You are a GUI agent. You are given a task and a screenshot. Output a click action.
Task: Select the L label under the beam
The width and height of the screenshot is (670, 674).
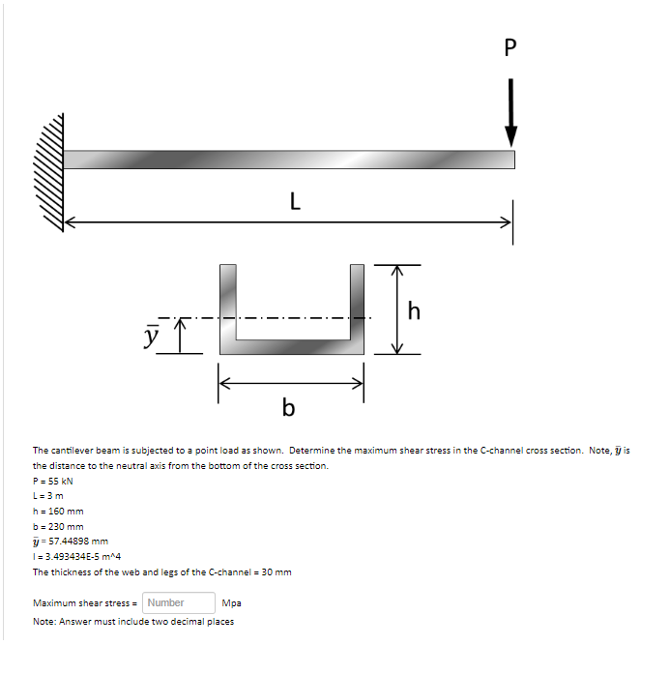[x=294, y=202]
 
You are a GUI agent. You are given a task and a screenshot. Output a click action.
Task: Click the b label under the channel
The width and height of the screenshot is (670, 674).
[x=288, y=408]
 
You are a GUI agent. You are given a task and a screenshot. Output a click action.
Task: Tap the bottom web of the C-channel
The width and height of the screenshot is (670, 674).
[x=291, y=347]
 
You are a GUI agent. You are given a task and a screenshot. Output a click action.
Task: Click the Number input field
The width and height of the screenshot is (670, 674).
[x=180, y=602]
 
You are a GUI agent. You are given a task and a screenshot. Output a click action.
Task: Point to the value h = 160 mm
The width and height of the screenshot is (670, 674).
[x=58, y=512]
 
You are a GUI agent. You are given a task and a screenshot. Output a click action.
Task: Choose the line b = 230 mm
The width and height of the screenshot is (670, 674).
[x=58, y=527]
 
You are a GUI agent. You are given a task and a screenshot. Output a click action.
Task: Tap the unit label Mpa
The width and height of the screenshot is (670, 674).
[x=231, y=602]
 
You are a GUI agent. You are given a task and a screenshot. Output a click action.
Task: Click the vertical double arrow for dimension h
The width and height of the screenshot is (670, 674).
[x=395, y=309]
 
